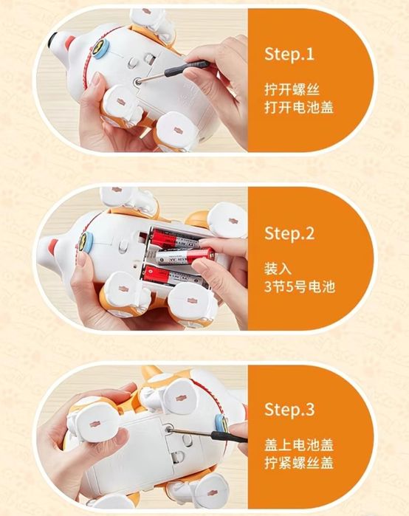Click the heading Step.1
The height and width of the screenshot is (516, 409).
289,54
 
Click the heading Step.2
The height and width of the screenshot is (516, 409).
289,233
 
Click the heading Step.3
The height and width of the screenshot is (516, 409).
289,409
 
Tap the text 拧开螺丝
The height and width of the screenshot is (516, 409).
292,89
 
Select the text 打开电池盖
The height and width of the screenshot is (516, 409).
299,108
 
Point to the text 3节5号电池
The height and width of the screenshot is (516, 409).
300,286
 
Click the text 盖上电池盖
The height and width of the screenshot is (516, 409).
299,445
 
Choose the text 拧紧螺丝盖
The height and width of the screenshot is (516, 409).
299,463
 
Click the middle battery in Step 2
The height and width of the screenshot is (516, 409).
185,256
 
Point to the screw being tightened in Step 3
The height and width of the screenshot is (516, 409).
170,428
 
